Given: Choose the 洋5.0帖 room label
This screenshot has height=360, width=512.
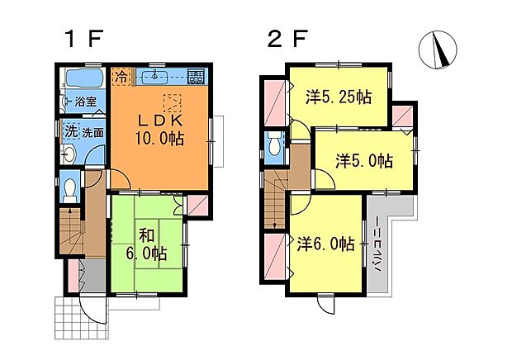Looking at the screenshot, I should (x=364, y=161).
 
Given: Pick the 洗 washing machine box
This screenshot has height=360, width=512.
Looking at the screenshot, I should (x=70, y=131).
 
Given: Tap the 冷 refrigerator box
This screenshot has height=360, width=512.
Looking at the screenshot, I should (x=121, y=77).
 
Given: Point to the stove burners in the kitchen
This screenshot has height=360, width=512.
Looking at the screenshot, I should (x=196, y=78).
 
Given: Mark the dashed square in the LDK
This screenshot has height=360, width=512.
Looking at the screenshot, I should (x=172, y=103).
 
